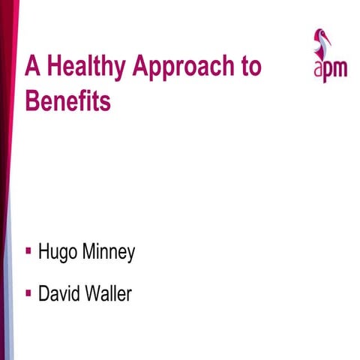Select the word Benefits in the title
[67, 100]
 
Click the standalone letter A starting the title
[32, 67]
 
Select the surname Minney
[109, 253]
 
